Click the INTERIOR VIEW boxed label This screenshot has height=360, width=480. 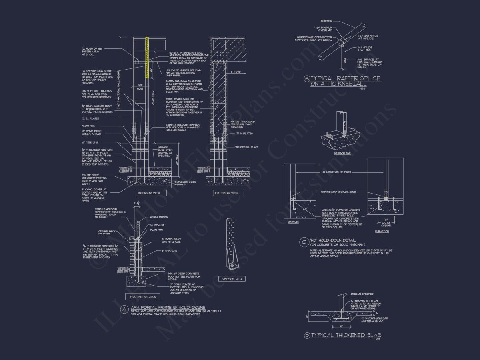point(149,193)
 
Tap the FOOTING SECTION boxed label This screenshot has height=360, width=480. point(143,297)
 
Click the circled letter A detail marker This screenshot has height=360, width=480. point(124,308)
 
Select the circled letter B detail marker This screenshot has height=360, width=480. point(307,79)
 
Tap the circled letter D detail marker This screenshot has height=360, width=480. point(307,335)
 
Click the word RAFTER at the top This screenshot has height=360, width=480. point(327,21)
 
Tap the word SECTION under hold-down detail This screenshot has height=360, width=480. point(293,222)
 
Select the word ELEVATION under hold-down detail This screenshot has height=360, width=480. point(382,231)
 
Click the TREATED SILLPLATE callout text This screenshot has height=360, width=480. point(246,147)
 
